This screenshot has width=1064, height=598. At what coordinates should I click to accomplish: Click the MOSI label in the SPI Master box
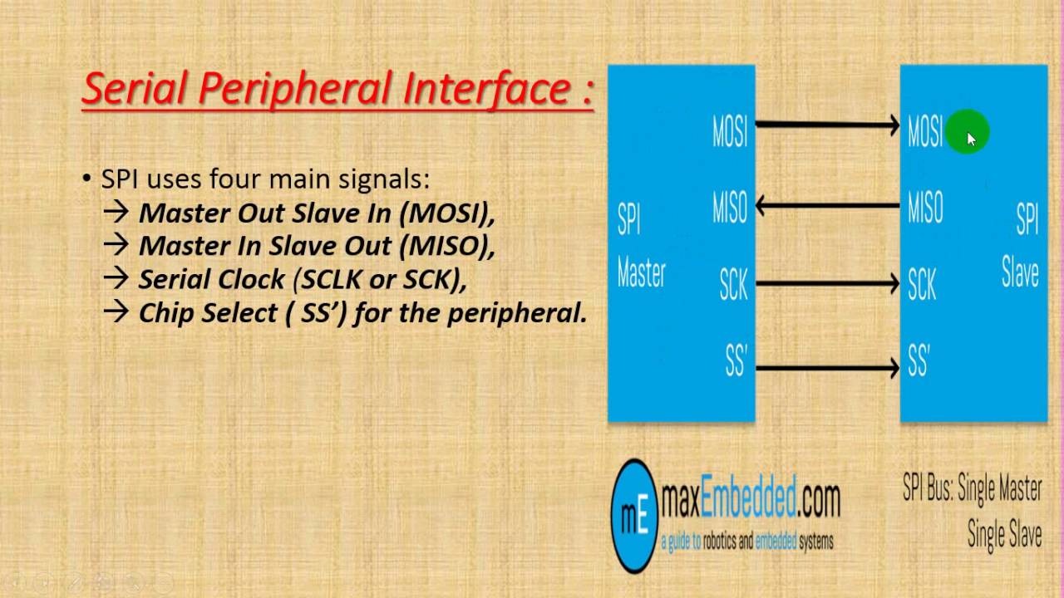tap(730, 131)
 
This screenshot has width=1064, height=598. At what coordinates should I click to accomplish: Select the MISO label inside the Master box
tap(730, 207)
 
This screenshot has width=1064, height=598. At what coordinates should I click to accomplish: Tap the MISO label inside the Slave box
tap(925, 207)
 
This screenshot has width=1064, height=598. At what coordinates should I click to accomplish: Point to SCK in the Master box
tap(734, 285)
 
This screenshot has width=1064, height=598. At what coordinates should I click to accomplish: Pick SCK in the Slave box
tap(922, 285)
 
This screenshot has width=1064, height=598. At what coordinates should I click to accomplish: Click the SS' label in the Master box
tap(736, 362)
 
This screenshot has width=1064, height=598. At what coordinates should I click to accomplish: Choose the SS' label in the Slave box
tap(919, 362)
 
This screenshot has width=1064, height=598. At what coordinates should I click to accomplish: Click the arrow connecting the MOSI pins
tap(827, 125)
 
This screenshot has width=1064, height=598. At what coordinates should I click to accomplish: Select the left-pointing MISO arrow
tap(827, 204)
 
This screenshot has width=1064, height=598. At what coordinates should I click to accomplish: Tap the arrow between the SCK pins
tap(827, 284)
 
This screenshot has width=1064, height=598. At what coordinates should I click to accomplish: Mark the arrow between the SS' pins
tap(827, 366)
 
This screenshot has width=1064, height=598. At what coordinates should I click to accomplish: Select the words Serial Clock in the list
tap(211, 279)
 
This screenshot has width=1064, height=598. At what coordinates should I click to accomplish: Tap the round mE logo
tap(633, 515)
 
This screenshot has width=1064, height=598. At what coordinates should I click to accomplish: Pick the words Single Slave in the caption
tap(1004, 534)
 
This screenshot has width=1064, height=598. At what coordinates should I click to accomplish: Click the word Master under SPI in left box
tap(641, 273)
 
